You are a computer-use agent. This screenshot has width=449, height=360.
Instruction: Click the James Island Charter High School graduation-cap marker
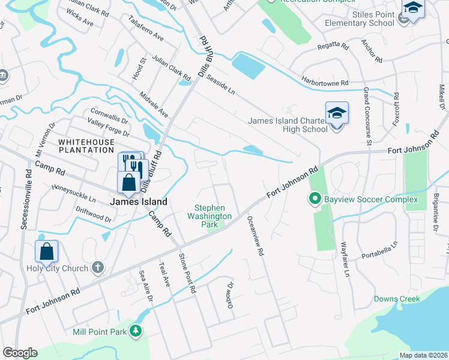(337, 112)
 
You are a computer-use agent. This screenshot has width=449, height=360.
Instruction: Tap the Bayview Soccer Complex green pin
(313, 199)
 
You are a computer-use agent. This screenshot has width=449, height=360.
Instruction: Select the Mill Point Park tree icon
(137, 331)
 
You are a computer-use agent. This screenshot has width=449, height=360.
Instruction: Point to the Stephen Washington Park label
(209, 216)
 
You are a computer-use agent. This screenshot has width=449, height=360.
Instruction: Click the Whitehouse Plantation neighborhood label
(86, 146)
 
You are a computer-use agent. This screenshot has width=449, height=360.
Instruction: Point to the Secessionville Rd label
(25, 199)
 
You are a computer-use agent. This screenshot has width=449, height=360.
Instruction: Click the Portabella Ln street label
(379, 251)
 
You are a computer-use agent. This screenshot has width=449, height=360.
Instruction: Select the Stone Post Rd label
(187, 273)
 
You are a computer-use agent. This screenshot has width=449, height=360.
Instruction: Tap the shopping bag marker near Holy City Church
(46, 252)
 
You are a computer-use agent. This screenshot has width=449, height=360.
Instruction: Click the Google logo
(20, 353)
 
